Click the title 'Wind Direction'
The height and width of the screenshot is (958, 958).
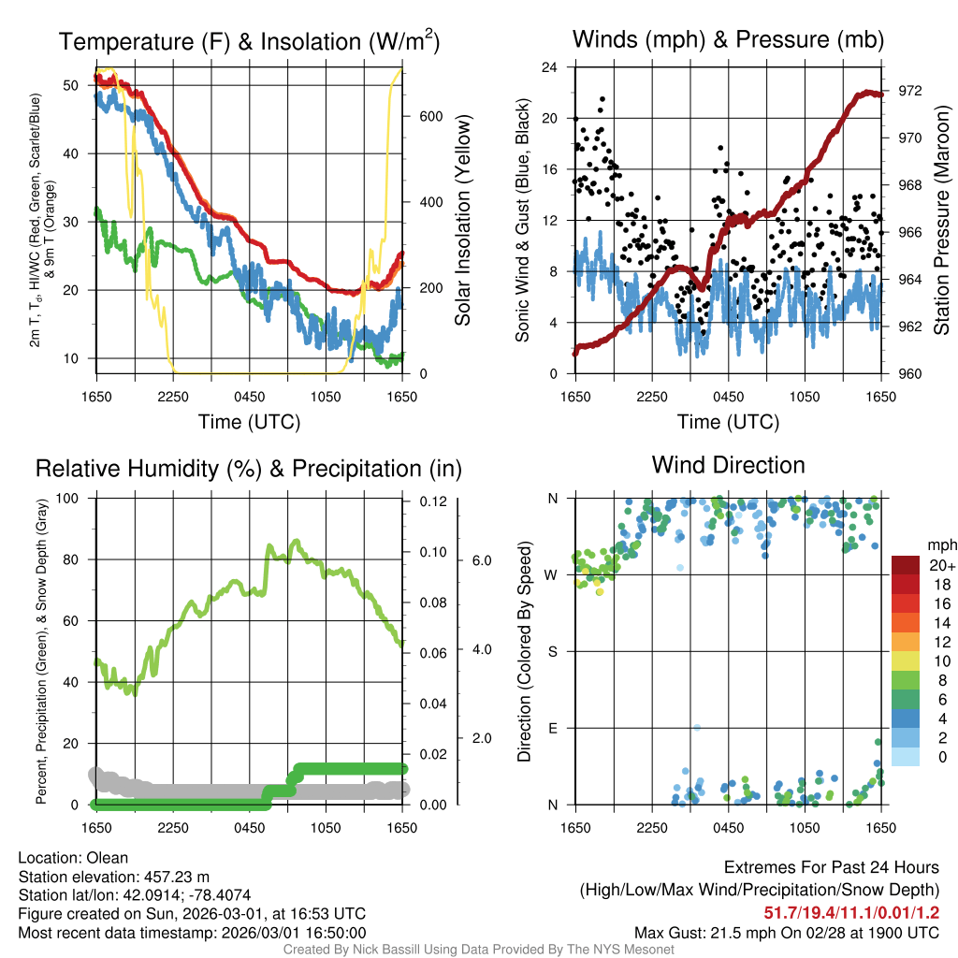[728, 465]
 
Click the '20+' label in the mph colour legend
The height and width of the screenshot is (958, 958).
[940, 566]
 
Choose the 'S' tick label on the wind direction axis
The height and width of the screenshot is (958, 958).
[553, 651]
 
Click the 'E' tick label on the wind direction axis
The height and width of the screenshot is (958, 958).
[553, 728]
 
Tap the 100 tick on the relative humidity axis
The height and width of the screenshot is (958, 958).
[68, 498]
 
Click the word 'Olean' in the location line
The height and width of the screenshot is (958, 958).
[108, 857]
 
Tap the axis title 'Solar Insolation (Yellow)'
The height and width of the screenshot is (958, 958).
[463, 221]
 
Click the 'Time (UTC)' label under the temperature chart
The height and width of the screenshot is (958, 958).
[249, 423]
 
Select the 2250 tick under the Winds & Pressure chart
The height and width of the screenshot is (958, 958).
[652, 396]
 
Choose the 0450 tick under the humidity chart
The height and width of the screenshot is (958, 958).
[249, 827]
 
